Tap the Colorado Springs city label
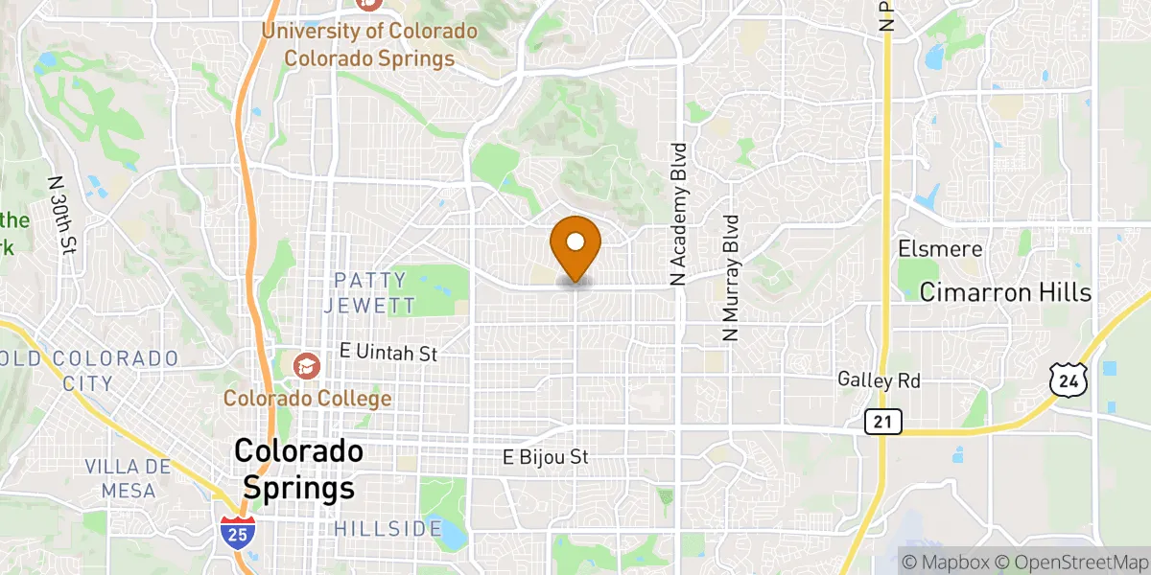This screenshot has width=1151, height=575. tap(298, 469)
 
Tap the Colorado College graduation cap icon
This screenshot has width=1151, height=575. tap(306, 365)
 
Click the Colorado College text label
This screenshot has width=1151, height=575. tap(307, 397)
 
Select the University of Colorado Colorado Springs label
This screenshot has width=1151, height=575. tap(369, 44)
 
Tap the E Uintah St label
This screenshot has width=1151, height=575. tap(388, 354)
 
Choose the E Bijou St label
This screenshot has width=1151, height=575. tap(546, 457)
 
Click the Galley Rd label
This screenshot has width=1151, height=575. tap(879, 380)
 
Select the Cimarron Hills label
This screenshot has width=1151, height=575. tap(1005, 292)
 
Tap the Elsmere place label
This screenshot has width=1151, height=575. tap(941, 249)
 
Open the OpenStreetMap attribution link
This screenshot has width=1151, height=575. tap(1070, 562)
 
